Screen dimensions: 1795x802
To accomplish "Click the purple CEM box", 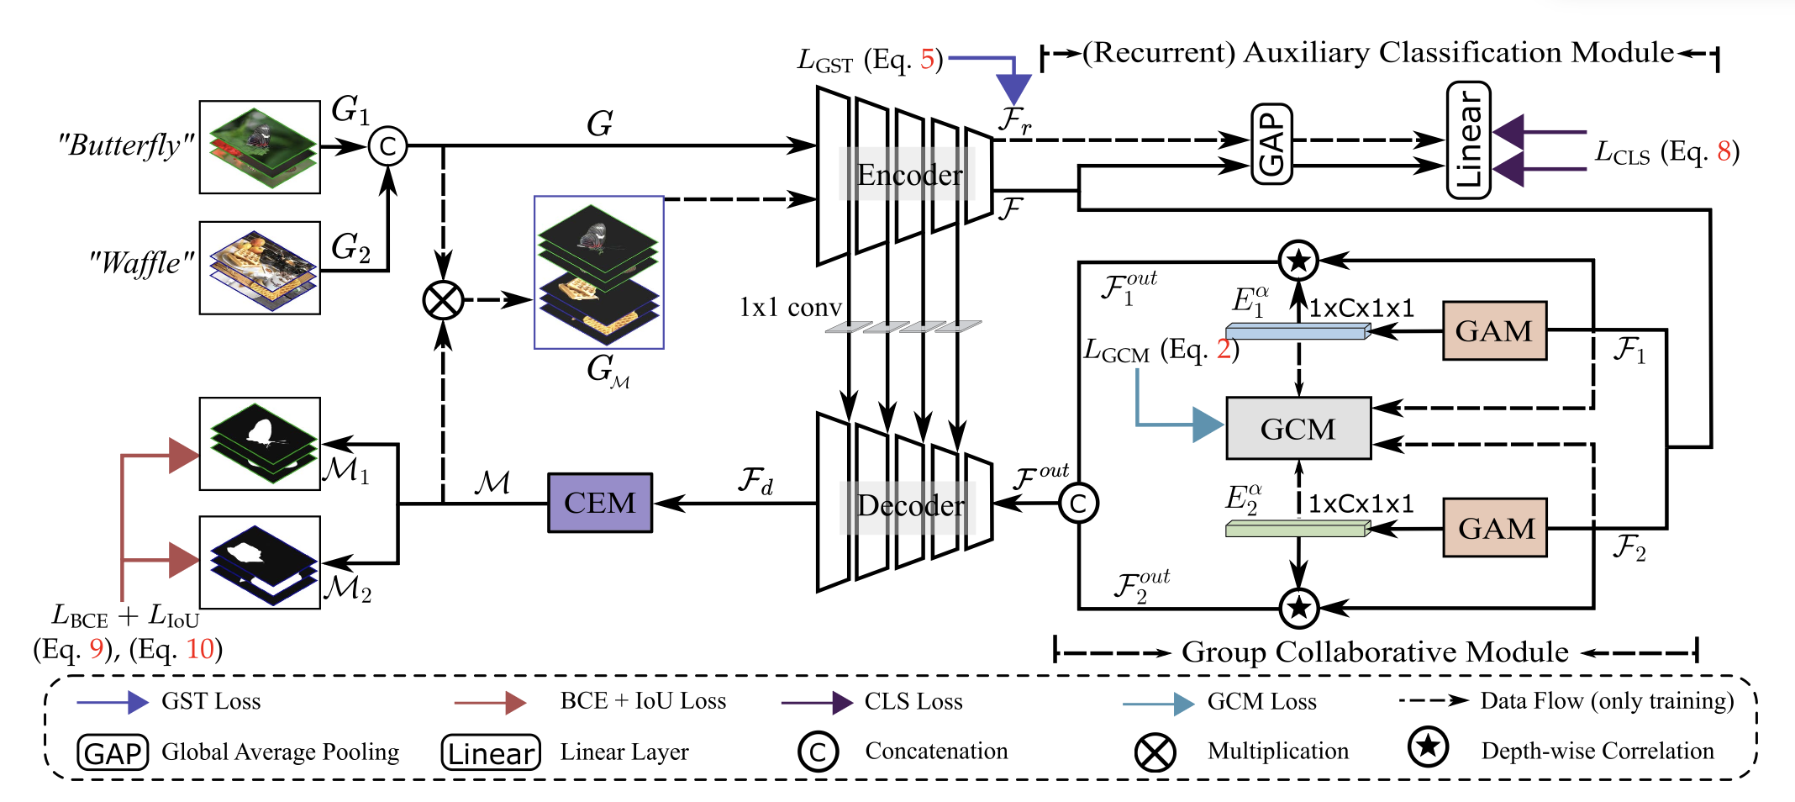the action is (x=600, y=503).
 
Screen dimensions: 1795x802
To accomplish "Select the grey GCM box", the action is (x=1298, y=429).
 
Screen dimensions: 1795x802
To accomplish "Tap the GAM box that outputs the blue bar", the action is (x=1494, y=330).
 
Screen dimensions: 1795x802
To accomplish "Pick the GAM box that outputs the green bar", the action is (x=1495, y=528).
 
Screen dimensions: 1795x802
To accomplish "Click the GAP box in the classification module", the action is (x=1271, y=144).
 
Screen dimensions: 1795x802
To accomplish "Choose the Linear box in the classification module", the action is (x=1468, y=140).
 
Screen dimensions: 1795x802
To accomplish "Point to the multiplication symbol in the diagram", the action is (x=443, y=300).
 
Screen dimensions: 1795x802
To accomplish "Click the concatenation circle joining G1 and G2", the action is (x=387, y=146).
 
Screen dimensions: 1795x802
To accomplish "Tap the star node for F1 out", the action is (x=1298, y=260).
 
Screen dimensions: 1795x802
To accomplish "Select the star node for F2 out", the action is (x=1298, y=607).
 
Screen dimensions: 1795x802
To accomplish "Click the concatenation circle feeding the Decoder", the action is (x=1078, y=503).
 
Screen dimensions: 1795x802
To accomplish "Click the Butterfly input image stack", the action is (x=260, y=147).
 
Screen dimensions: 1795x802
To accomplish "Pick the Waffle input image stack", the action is (x=260, y=267).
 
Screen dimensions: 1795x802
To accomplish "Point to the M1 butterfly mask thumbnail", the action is (x=260, y=443).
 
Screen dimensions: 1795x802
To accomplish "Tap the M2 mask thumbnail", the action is (x=260, y=562).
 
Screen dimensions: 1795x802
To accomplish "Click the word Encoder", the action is (x=909, y=175).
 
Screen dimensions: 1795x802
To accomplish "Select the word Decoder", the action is (x=910, y=505).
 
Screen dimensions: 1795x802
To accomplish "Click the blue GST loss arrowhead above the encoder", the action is (x=1014, y=89).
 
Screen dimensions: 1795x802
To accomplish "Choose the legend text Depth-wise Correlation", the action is (x=1598, y=751).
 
